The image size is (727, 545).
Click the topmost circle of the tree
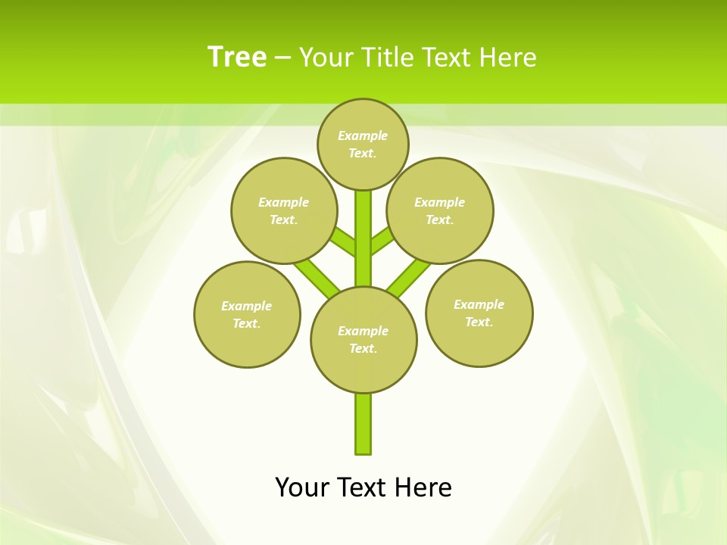point(363,144)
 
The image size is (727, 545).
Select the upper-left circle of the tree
point(284,210)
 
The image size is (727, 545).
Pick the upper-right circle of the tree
point(440,210)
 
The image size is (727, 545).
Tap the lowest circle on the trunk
point(363,339)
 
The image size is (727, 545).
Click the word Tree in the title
point(237,57)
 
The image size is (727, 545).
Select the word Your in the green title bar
point(325,57)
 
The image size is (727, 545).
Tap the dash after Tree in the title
point(282,58)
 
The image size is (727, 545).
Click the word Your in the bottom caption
point(302,487)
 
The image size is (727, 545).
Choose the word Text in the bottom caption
point(363,487)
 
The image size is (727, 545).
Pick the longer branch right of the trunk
point(407,276)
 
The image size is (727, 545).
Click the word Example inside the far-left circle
point(246,306)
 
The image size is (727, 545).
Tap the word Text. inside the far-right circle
point(479,322)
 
